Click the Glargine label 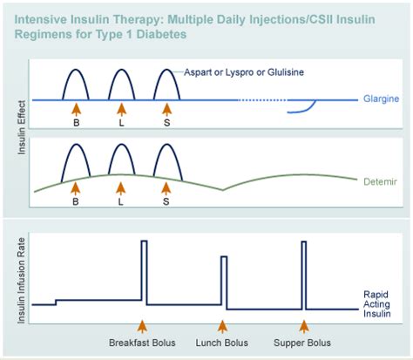click(381, 99)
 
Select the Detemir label click(380, 182)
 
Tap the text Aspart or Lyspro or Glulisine click(244, 72)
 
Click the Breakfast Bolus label click(142, 343)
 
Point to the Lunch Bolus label click(221, 343)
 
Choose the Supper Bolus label click(302, 343)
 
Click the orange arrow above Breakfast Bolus click(142, 326)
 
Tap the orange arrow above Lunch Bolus click(222, 326)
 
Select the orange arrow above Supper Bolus click(304, 326)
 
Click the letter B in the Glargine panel click(76, 123)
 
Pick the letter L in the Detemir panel click(121, 201)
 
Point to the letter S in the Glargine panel click(166, 123)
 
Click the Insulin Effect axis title click(22, 127)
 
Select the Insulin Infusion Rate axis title click(21, 281)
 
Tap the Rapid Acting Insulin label click(376, 304)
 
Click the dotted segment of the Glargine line click(263, 100)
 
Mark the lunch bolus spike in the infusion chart click(224, 282)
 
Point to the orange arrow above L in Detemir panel click(121, 189)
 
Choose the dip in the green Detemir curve click(223, 190)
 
